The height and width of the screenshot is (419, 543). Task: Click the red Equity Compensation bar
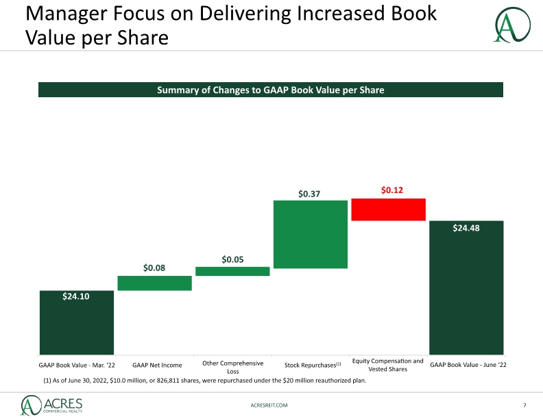388,209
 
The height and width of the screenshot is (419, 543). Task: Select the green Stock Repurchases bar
311,234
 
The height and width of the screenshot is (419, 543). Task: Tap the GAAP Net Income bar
154,283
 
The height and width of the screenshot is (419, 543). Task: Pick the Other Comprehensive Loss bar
232,271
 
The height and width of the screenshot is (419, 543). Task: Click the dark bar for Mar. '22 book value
77,322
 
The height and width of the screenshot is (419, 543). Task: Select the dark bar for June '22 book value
466,288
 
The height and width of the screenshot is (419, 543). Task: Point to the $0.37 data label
309,194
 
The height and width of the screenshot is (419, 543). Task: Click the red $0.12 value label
392,190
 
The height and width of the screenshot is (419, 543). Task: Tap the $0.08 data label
154,268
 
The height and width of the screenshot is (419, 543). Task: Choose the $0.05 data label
232,259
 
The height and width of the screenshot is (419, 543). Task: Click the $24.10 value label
76,296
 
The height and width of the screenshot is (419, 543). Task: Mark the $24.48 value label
466,228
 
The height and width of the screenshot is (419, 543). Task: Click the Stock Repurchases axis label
313,365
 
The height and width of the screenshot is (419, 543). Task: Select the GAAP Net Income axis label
157,365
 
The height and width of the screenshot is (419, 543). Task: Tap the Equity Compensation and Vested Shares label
388,365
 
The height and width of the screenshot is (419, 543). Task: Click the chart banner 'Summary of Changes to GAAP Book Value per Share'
270,90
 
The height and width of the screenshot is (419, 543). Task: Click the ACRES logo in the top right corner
512,25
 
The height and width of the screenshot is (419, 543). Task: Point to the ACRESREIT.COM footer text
269,405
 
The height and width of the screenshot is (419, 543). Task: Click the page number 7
524,405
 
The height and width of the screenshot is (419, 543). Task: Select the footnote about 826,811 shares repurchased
205,381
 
